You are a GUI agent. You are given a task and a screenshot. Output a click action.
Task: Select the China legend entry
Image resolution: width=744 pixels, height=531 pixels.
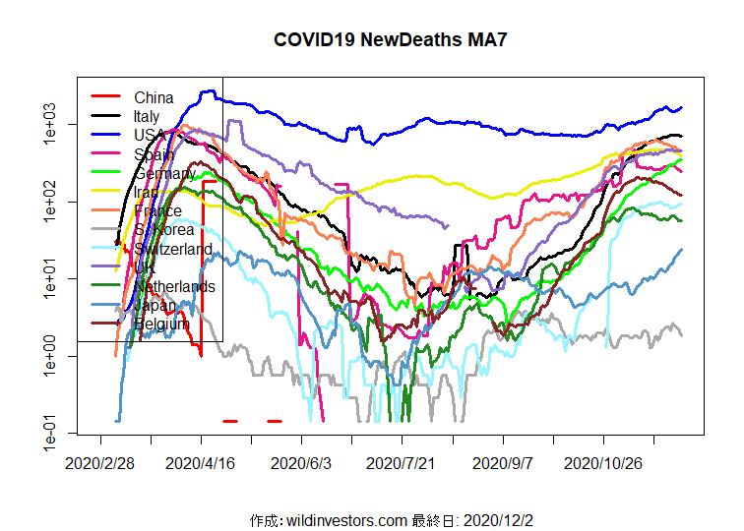click(x=154, y=97)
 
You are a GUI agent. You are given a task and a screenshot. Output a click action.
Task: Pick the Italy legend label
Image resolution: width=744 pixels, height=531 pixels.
click(x=147, y=117)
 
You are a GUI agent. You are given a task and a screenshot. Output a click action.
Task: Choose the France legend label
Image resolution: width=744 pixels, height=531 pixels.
click(x=157, y=211)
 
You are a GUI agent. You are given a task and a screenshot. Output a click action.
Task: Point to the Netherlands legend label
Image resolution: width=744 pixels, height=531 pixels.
click(x=174, y=287)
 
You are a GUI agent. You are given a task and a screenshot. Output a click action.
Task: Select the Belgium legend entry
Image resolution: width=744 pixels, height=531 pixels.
click(x=161, y=324)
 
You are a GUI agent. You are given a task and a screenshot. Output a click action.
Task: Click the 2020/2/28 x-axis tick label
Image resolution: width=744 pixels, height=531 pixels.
click(x=100, y=461)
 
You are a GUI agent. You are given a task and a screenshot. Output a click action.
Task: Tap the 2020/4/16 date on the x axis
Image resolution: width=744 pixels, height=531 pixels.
click(x=202, y=461)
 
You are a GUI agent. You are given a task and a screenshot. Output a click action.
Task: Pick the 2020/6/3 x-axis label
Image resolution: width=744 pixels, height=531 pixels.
click(x=302, y=461)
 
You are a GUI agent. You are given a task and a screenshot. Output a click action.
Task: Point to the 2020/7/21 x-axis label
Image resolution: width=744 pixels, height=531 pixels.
click(x=403, y=461)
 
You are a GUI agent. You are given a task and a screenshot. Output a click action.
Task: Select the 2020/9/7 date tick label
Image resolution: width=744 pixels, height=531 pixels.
click(x=504, y=461)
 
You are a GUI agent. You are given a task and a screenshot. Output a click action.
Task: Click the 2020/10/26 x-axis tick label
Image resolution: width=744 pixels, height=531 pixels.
click(x=605, y=461)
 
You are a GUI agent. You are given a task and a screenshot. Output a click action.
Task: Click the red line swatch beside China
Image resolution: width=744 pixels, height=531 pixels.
click(x=105, y=97)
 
